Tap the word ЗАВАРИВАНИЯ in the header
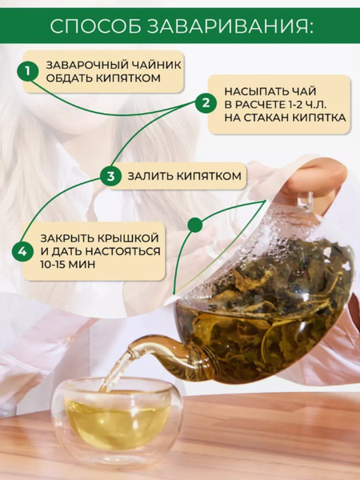coord(230,26)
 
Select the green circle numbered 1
coord(28,70)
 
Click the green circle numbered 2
coord(206,102)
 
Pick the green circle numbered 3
coord(111,176)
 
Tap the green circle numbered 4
coord(22,251)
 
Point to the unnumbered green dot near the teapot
coord(195,226)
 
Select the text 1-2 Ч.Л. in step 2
coord(307,104)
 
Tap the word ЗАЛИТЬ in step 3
coord(150,176)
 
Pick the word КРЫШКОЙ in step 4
coord(128,238)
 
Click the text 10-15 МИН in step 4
coord(68,264)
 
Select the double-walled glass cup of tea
coord(118,420)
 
